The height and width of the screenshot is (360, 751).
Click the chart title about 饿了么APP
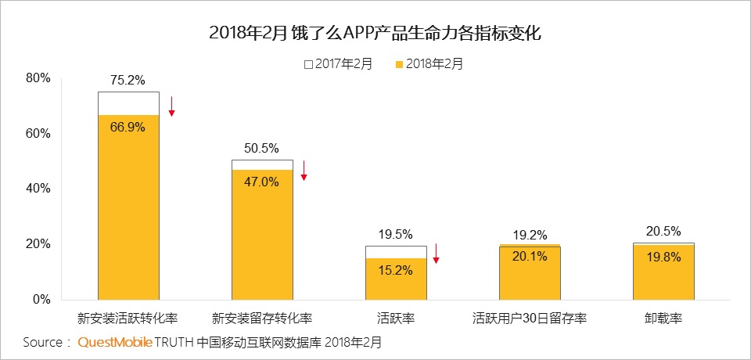click(375, 33)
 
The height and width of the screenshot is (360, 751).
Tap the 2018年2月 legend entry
click(429, 64)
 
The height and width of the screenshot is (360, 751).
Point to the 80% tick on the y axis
click(38, 78)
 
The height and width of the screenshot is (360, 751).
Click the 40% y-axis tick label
click(38, 189)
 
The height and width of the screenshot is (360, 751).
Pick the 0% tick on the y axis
click(41, 299)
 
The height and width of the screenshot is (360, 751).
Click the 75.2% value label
click(128, 80)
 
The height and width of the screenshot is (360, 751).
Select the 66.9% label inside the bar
click(128, 128)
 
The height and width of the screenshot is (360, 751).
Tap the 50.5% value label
click(261, 148)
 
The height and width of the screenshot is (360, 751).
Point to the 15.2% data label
click(396, 271)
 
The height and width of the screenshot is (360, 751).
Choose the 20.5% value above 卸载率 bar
click(663, 231)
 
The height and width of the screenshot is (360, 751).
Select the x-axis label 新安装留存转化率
click(262, 319)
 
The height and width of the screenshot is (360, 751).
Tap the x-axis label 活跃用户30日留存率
click(530, 319)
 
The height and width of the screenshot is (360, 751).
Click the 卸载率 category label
click(663, 319)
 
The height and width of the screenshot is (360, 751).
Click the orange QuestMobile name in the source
click(115, 343)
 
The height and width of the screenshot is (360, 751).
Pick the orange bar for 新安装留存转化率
click(262, 235)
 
